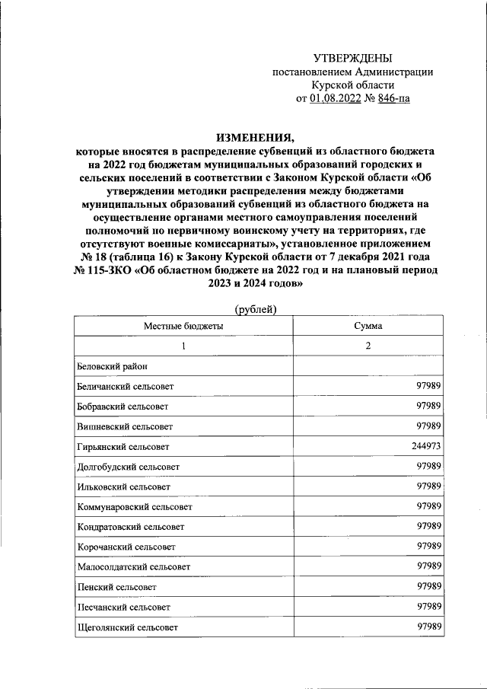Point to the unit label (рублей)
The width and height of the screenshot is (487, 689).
pyautogui.click(x=255, y=308)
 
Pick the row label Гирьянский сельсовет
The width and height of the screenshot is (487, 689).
pyautogui.click(x=123, y=447)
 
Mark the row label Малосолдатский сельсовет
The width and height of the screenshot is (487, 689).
pyautogui.click(x=133, y=566)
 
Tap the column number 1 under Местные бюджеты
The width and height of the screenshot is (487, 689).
pyautogui.click(x=183, y=346)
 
